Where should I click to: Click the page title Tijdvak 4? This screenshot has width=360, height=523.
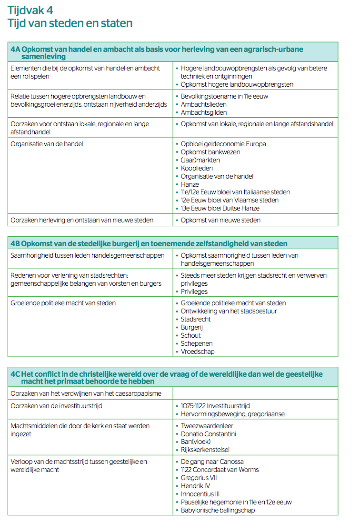pyautogui.click(x=30, y=10)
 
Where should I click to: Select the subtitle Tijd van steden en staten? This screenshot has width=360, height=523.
pyautogui.click(x=70, y=23)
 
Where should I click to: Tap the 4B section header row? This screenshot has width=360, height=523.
pyautogui.click(x=149, y=243)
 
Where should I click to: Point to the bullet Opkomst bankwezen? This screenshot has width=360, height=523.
pyautogui.click(x=210, y=152)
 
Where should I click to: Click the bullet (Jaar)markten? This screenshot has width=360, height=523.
pyautogui.click(x=200, y=160)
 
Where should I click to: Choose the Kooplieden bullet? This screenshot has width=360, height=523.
pyautogui.click(x=197, y=168)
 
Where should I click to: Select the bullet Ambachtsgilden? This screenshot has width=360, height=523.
pyautogui.click(x=203, y=112)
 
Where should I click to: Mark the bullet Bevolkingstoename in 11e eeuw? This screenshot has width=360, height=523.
pyautogui.click(x=224, y=96)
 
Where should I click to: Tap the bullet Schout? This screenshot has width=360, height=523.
pyautogui.click(x=190, y=335)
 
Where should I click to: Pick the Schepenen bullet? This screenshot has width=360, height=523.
pyautogui.click(x=196, y=343)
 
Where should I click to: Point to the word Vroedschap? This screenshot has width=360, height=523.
pyautogui.click(x=197, y=352)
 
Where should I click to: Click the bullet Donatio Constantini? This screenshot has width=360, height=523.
pyautogui.click(x=208, y=434)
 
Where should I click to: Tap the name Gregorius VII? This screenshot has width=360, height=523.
pyautogui.click(x=199, y=478)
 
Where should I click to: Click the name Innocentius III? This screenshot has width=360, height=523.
pyautogui.click(x=200, y=494)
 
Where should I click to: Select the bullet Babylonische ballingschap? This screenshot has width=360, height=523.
pyautogui.click(x=218, y=510)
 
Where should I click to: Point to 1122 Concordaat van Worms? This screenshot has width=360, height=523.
pyautogui.click(x=220, y=470)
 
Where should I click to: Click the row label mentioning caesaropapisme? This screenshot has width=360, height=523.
pyautogui.click(x=86, y=393)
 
